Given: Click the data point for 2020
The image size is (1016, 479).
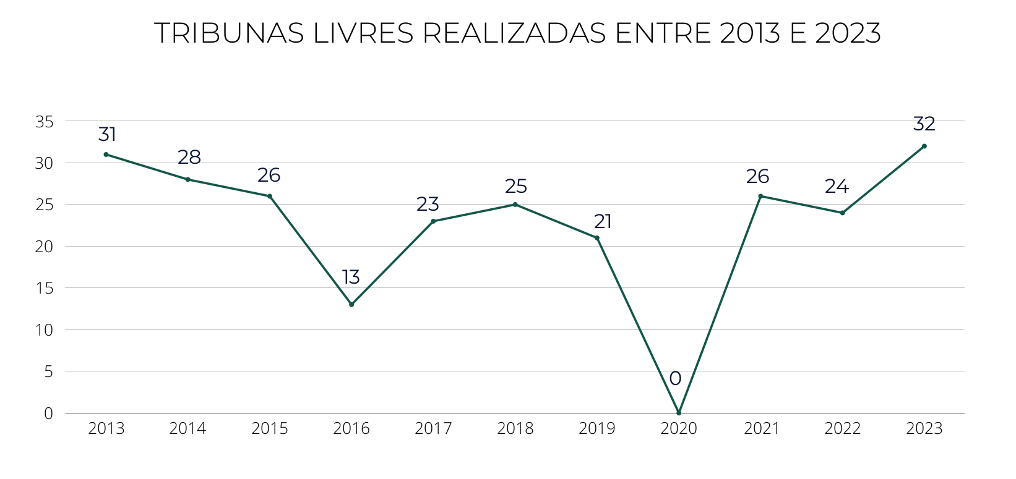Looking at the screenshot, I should (x=679, y=413).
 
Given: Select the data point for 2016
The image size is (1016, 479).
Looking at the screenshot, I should (x=351, y=305).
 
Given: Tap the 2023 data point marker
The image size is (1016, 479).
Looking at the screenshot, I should (x=924, y=146).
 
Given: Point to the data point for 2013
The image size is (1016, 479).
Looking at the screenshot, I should (x=106, y=155).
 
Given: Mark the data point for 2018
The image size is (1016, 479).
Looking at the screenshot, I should (x=515, y=205).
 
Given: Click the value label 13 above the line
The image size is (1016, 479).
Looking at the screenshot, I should (x=351, y=278).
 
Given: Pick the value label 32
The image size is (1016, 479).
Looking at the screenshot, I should (x=924, y=124).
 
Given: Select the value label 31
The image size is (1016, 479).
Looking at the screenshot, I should (x=107, y=134).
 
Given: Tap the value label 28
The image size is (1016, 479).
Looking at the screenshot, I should (x=189, y=158).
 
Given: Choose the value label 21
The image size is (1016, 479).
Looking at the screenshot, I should (x=603, y=221).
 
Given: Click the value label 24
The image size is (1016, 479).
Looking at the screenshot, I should (x=837, y=187).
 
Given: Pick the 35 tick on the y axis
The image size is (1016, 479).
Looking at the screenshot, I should (x=45, y=122).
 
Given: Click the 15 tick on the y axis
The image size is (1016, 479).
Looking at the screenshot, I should (x=45, y=289).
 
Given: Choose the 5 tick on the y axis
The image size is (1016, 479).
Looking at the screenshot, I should (x=49, y=372).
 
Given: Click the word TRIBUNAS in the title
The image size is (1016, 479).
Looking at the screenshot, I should (x=229, y=33).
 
